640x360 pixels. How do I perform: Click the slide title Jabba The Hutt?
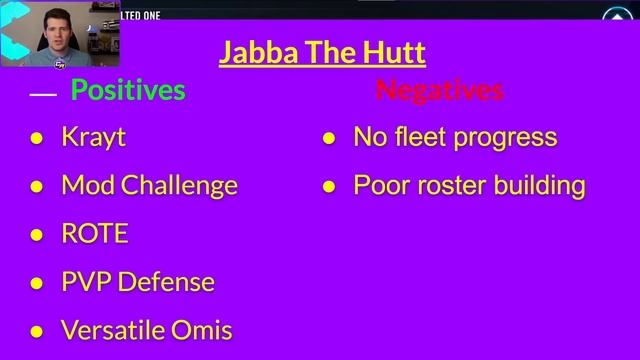coord(322,52)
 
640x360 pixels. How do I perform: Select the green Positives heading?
coord(128,90)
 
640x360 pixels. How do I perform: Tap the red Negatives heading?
coord(439,90)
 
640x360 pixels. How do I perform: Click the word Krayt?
coord(93,137)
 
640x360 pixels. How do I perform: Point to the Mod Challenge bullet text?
coord(149,185)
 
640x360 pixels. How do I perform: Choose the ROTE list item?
coord(95,234)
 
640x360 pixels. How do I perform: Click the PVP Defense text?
coord(138,282)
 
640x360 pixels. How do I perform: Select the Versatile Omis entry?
coord(147,329)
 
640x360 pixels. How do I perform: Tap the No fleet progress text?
coord(455,137)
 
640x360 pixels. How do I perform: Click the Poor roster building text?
coord(469,185)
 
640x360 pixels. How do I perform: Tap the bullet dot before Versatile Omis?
coord(37,331)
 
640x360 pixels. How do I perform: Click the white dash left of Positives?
coord(43,94)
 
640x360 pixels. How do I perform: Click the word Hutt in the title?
coord(394,52)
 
